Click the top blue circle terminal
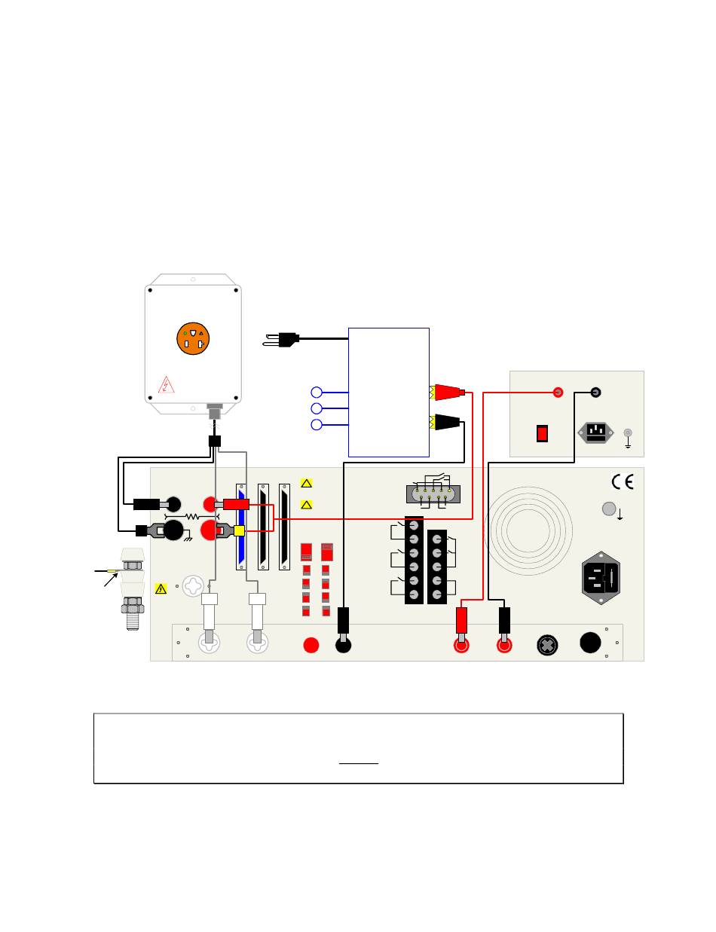[x=317, y=392]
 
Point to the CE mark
[x=623, y=481]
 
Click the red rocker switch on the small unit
[x=542, y=434]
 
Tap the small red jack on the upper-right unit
[x=558, y=392]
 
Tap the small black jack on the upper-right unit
[x=595, y=392]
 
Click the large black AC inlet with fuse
[x=601, y=578]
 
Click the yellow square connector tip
[x=240, y=530]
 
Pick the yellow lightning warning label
[x=161, y=588]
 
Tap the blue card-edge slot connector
[x=241, y=527]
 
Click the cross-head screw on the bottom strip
[x=547, y=645]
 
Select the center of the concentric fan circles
[x=528, y=530]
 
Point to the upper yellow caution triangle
[x=306, y=483]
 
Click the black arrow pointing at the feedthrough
[x=111, y=578]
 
